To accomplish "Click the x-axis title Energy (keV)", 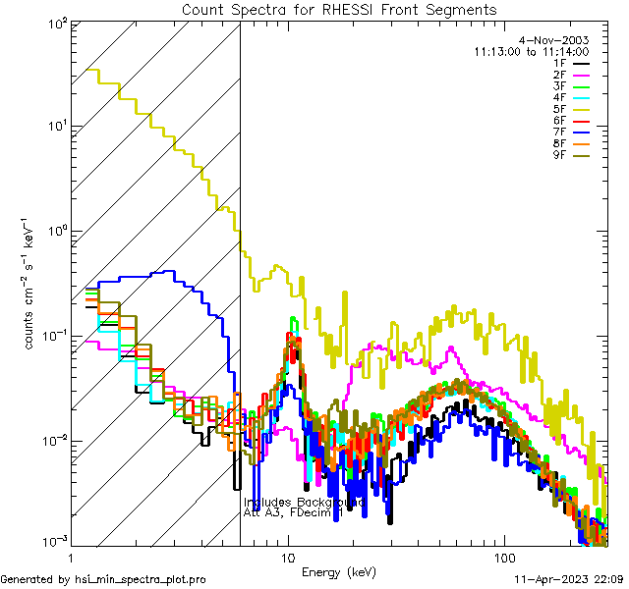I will tap(339, 571).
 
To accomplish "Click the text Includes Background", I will tap(304, 503).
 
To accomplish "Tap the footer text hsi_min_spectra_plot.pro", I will tap(141, 579).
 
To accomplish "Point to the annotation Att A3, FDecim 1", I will tap(293, 513).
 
